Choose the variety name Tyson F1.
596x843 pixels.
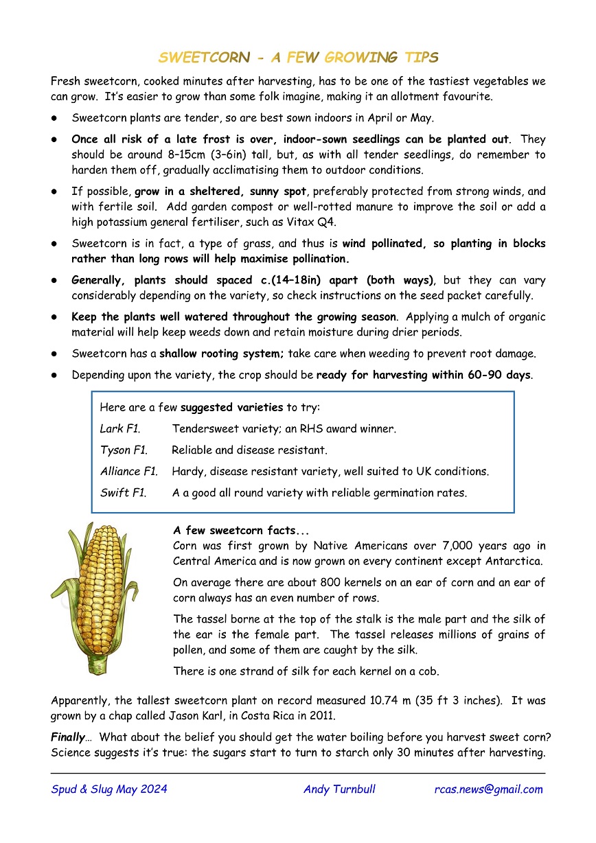(124, 450)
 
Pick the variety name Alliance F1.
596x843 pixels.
(129, 472)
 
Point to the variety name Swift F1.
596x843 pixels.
(124, 493)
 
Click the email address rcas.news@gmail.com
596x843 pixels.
(488, 789)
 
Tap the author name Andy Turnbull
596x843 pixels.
(339, 789)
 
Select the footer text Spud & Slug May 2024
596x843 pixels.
(109, 789)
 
